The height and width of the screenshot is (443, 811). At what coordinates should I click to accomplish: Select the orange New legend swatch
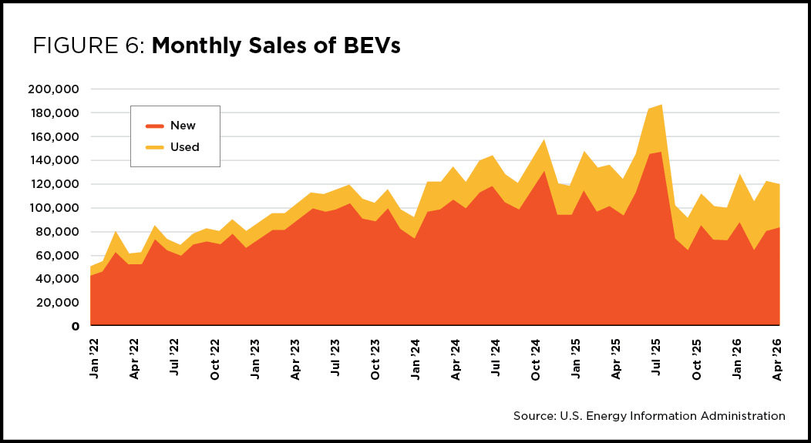(155, 126)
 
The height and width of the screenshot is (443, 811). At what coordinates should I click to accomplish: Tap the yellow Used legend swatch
(155, 147)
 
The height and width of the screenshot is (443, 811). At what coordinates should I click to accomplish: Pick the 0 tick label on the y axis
(75, 327)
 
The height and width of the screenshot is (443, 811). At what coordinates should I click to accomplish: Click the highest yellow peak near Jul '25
(661, 105)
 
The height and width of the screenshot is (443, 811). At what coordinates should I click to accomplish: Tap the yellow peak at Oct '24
(543, 139)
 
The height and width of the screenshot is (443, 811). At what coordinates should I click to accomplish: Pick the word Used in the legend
(185, 147)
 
